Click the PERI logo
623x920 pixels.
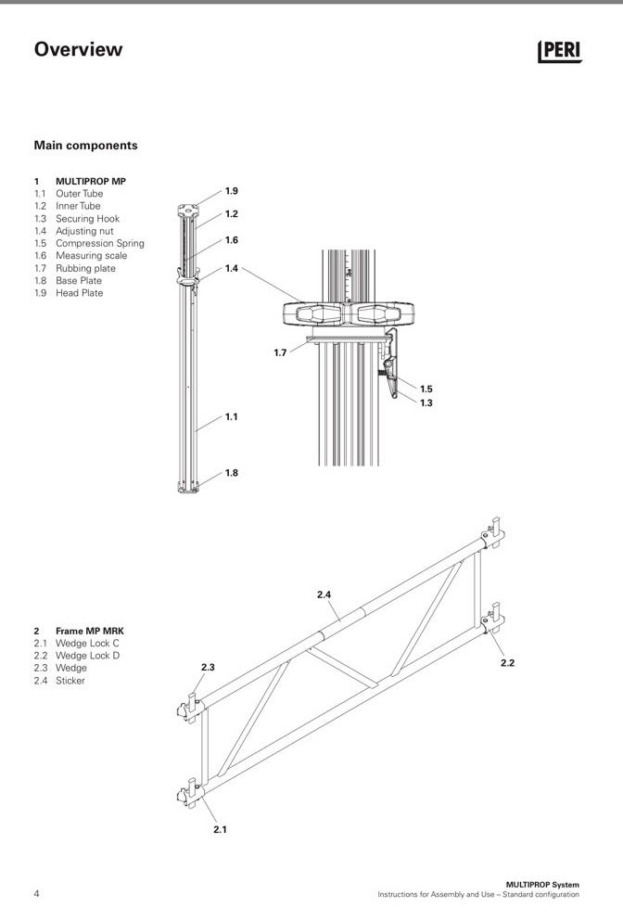559,52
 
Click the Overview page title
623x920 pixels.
78,49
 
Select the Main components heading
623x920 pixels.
85,146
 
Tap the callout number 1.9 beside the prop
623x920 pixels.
231,191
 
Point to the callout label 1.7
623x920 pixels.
280,352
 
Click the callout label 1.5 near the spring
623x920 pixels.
426,390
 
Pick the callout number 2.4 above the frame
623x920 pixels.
324,594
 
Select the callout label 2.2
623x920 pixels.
507,663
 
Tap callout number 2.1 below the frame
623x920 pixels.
220,829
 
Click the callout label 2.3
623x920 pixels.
208,667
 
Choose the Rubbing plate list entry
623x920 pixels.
85,268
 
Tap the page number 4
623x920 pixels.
37,894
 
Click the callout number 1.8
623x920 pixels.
231,473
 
